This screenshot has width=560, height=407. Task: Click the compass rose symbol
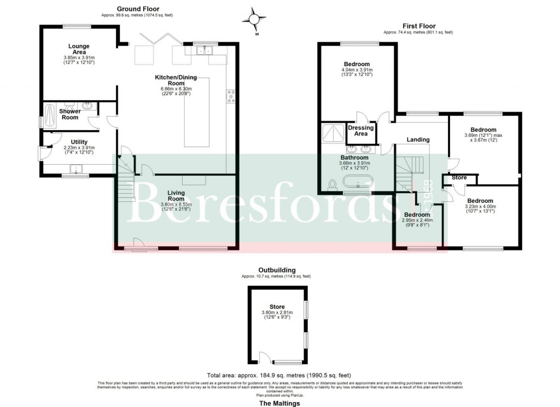pos(254,19)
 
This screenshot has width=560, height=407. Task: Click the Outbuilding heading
pos(277,270)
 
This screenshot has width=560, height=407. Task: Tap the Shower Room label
pos(70,114)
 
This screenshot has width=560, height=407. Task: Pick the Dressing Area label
pos(361,131)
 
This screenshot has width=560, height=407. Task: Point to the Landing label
pos(418,140)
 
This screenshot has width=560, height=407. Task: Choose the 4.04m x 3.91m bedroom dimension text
pos(357,70)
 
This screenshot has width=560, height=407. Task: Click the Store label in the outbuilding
pos(277,306)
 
